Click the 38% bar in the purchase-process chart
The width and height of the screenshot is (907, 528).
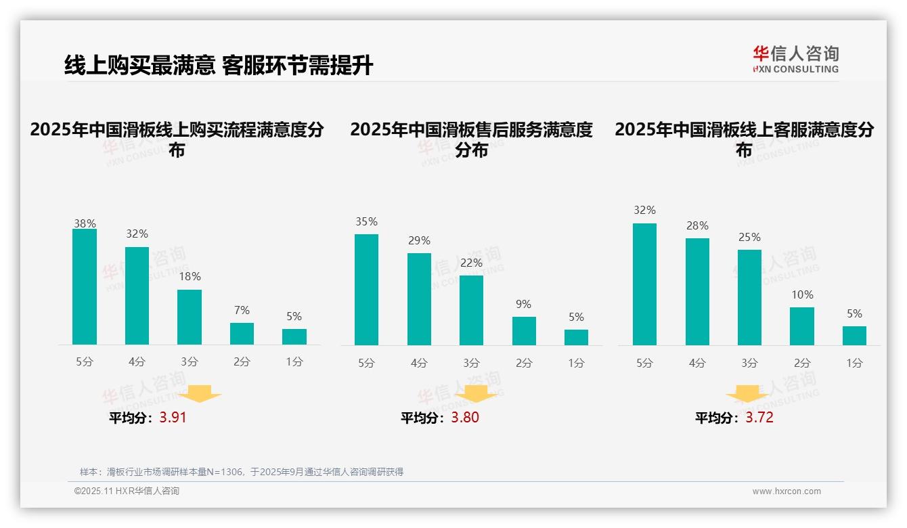pos(85,286)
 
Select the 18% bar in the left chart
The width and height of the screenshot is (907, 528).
pos(190,317)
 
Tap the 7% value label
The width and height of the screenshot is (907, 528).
pos(242,311)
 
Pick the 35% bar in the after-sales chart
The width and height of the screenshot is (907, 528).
pos(366,289)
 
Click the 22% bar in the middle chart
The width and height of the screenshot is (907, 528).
pos(471,310)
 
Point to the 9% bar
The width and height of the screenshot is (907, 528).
pos(524,330)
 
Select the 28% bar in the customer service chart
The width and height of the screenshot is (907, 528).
pos(697,291)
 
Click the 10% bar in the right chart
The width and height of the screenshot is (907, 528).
pos(802,326)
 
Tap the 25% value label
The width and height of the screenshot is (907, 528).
pos(749,238)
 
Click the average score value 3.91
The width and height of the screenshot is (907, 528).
pos(173,418)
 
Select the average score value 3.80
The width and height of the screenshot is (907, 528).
pos(465,418)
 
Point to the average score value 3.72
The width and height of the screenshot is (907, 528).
pos(759,418)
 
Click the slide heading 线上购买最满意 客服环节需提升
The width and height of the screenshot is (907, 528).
pos(218,65)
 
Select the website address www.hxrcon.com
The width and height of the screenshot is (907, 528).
pos(787,491)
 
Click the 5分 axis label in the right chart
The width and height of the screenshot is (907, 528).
pos(644,363)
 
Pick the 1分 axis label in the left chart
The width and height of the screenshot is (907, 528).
pos(294,362)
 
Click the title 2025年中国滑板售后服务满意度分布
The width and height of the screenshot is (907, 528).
pos(471,139)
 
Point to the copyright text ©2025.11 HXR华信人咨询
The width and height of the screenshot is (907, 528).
pos(127,491)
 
